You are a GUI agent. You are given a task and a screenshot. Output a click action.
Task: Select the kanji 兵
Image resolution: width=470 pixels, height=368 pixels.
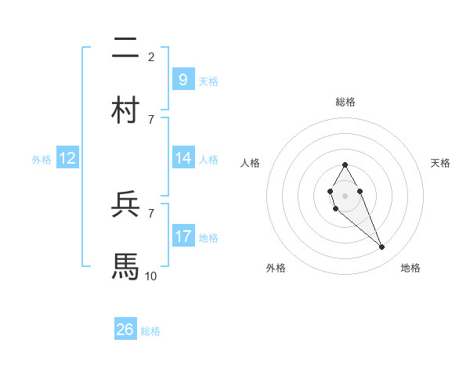[x=126, y=204]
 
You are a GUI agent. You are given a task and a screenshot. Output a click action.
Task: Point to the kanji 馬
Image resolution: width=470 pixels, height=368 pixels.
[x=126, y=265]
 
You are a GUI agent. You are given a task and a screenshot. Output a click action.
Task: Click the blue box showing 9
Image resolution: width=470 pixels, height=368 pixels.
[x=183, y=79]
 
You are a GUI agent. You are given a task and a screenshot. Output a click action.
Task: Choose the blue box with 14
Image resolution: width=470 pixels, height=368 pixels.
[x=183, y=158]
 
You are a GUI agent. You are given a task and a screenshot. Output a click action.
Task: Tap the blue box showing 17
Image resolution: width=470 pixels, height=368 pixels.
[x=183, y=236]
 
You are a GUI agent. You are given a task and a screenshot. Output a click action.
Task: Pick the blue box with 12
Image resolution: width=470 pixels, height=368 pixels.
[x=67, y=158]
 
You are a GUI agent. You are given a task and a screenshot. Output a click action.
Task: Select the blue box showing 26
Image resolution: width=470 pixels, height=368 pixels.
[x=125, y=330]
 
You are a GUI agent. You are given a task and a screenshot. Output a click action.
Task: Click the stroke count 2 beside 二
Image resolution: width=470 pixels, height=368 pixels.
[x=151, y=56]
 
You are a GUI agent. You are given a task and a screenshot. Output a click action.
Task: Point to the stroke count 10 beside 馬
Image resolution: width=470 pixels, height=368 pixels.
[x=151, y=275]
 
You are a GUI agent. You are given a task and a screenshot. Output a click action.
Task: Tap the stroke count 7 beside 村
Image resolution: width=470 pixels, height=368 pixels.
[x=151, y=118]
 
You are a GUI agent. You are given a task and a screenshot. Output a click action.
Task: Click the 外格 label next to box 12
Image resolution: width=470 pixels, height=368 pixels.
[x=42, y=160]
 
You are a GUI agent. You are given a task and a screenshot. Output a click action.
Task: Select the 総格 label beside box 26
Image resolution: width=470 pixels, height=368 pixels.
[x=150, y=331]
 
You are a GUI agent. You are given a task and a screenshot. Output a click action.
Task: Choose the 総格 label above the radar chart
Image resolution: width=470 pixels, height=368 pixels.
[x=345, y=102]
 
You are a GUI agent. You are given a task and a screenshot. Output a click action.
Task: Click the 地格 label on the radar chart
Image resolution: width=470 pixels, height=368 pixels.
[x=410, y=269]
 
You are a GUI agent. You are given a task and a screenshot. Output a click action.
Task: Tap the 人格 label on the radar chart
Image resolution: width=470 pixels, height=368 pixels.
[x=251, y=163]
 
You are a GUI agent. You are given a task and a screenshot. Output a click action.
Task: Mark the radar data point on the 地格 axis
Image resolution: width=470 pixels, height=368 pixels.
[x=381, y=247]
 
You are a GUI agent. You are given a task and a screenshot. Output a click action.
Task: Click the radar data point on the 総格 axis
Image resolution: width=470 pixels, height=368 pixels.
[x=345, y=164]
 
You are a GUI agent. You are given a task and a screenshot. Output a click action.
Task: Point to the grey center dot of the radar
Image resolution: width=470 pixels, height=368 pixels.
[x=345, y=195]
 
